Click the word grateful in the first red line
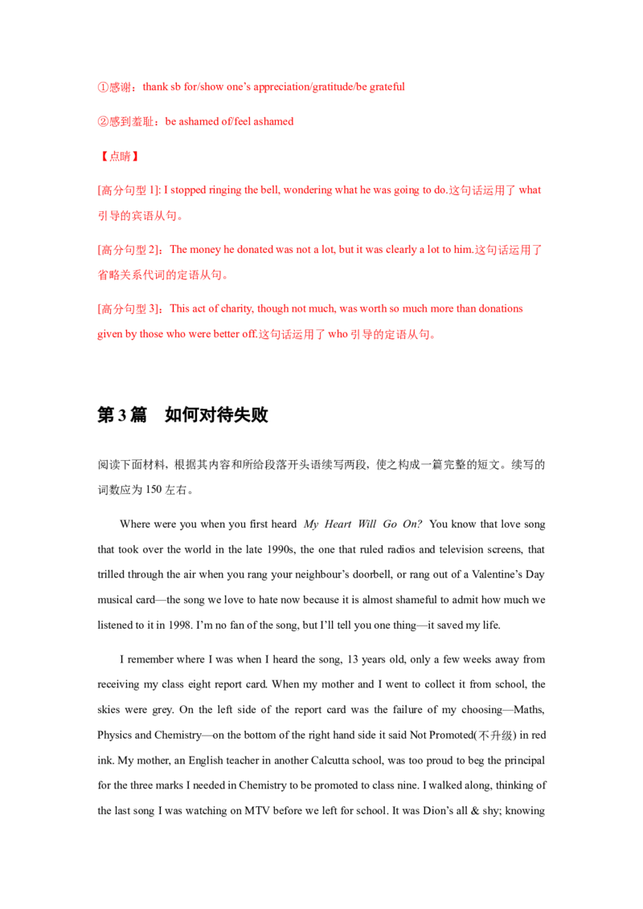point(387,87)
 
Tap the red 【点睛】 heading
point(118,156)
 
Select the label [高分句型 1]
point(129,190)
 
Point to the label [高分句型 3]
point(130,308)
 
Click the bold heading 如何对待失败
point(216,415)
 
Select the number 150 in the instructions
point(154,489)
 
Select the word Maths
point(529,710)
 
